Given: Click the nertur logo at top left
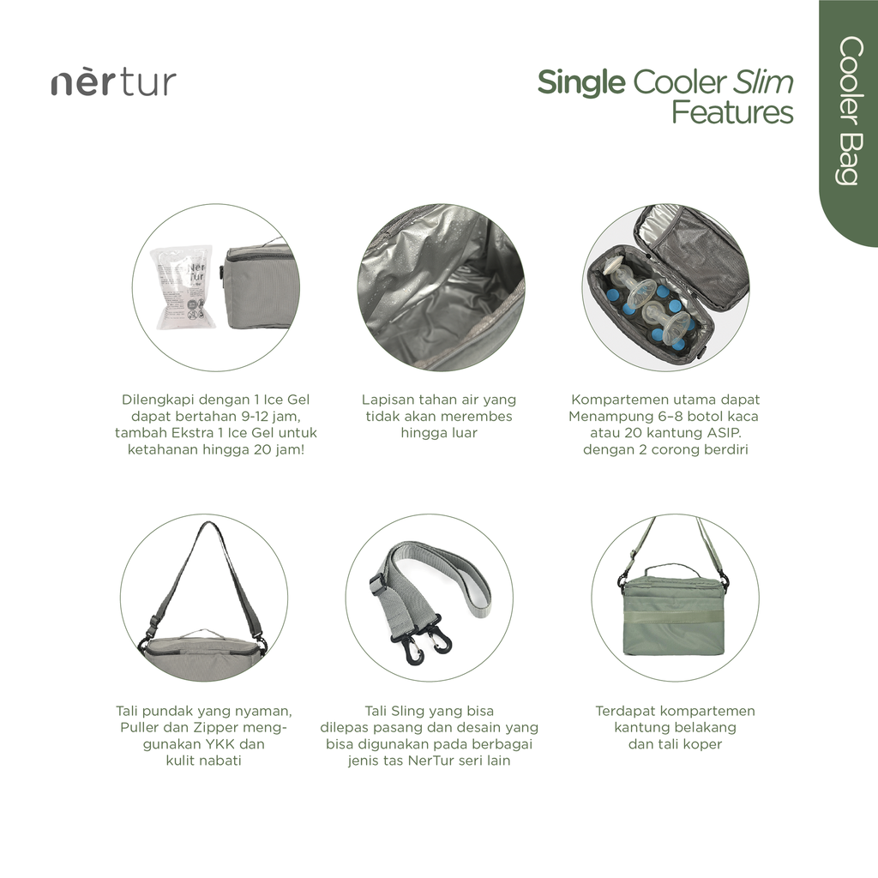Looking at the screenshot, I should point(113,82).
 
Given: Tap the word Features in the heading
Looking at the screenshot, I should point(732,112).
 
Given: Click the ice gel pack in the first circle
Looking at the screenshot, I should point(181,286).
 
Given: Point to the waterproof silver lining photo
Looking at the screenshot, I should point(440,287).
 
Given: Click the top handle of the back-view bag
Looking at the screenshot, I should point(672,569).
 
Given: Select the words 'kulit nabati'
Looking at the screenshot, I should point(203,761).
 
